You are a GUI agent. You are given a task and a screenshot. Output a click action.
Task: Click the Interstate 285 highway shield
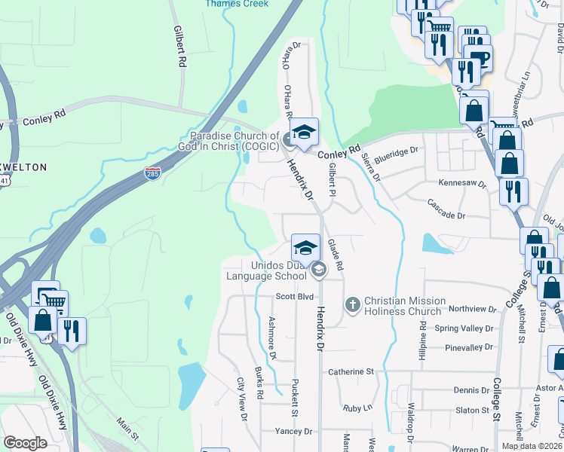coord(152,174)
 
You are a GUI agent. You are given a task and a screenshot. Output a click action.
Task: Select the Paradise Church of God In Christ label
coord(224,141)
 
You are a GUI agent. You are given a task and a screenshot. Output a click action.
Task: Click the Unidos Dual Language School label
coord(267,270)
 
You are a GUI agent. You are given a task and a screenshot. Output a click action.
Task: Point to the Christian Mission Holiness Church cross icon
coord(351,305)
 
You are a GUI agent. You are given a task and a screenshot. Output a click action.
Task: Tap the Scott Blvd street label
coord(294,297)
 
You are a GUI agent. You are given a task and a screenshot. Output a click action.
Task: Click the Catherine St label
coord(351,371)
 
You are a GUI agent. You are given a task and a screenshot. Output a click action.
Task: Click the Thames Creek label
coord(236,4)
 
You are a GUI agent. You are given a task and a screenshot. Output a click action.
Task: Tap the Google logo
coord(25,443)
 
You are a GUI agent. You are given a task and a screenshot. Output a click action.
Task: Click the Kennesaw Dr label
coord(462,183)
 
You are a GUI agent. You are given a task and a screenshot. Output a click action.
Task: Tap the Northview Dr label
coord(472,309)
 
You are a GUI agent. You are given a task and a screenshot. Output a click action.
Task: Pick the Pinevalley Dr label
coord(468,347)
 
